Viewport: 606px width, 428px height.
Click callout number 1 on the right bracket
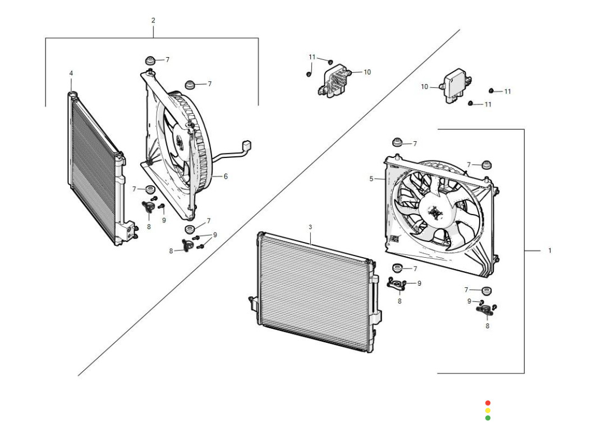coord(550,250)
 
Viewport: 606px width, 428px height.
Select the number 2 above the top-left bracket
coord(153,20)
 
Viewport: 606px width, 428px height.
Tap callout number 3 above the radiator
coord(310,227)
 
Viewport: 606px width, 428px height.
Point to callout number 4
coord(71,73)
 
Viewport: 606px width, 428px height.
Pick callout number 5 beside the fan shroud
coord(371,179)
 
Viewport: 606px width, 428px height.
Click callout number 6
coord(226,176)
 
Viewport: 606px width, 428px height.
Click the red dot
coord(488,403)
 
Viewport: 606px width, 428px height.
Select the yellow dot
coord(488,410)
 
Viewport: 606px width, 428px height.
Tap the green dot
coord(488,417)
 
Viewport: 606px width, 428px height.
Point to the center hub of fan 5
coord(436,213)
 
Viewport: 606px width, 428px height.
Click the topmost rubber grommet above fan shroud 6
coord(150,59)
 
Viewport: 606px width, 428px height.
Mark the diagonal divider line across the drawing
coord(269,202)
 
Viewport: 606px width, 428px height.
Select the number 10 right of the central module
coord(368,72)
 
